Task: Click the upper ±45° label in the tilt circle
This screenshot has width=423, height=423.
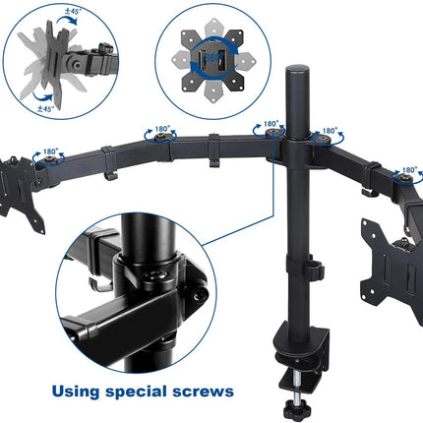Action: tap(72, 14)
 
